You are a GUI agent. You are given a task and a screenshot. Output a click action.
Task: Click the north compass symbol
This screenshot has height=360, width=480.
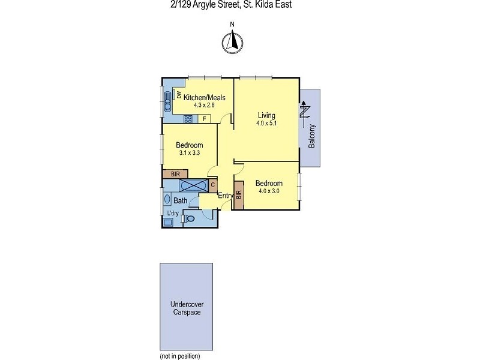point(232,41)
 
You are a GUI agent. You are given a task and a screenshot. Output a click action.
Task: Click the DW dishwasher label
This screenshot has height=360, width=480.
point(179,94)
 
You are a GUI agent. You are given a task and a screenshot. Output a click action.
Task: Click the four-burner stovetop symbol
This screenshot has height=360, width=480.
point(188,119)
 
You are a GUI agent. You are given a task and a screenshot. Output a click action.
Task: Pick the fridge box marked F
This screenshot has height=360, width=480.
point(204,119)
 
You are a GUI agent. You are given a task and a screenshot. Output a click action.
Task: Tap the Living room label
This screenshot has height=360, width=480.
point(266,115)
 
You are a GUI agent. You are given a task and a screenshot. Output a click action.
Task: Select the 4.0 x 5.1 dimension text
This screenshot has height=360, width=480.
point(266,124)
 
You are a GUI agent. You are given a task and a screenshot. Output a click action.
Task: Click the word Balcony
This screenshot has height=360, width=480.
point(312,137)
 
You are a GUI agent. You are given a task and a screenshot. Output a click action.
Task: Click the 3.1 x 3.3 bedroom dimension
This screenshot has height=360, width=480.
point(189,153)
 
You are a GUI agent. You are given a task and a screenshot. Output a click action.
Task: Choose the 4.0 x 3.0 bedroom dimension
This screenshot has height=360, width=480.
point(269,191)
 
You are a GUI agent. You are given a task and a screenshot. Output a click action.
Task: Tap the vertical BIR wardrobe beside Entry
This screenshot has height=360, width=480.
point(238,195)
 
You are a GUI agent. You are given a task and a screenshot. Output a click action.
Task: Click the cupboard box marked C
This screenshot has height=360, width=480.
point(212,185)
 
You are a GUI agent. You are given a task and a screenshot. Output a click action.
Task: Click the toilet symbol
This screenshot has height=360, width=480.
point(189,220)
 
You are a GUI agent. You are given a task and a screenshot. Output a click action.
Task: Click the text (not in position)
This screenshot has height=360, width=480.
point(179,356)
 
